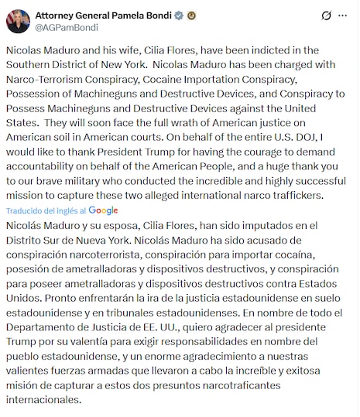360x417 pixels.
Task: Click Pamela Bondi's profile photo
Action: [x=18, y=20]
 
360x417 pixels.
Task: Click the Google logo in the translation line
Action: [x=104, y=210]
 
